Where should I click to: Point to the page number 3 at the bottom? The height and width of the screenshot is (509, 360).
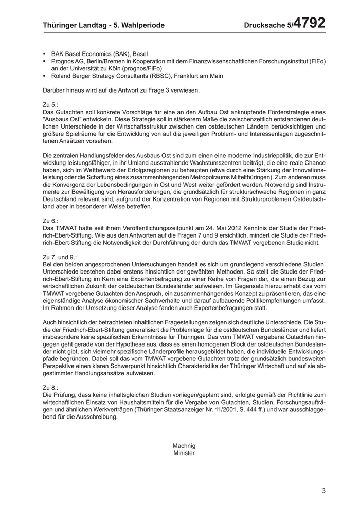tap(324, 490)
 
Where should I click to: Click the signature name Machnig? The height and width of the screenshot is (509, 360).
tap(184, 445)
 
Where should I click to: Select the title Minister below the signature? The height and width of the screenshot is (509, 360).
tap(184, 453)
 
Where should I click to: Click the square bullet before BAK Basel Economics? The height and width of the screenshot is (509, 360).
tap(45, 53)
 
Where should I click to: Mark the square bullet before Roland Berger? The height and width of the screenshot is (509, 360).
tap(45, 76)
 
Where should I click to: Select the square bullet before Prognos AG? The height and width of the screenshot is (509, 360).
tap(45, 61)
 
